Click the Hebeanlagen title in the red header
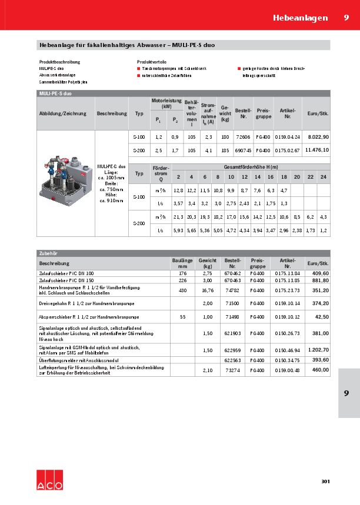[x=300, y=18]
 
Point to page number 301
[x=325, y=481]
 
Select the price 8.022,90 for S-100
[x=318, y=136]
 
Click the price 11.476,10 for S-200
[x=316, y=151]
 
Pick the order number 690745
[x=243, y=151]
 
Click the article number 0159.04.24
[x=287, y=136]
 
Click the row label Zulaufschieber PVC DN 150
[x=66, y=280]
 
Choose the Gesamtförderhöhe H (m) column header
[x=251, y=168]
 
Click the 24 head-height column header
[x=323, y=176]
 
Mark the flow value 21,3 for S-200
[x=178, y=217]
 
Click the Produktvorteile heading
[x=152, y=61]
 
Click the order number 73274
[x=232, y=370]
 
